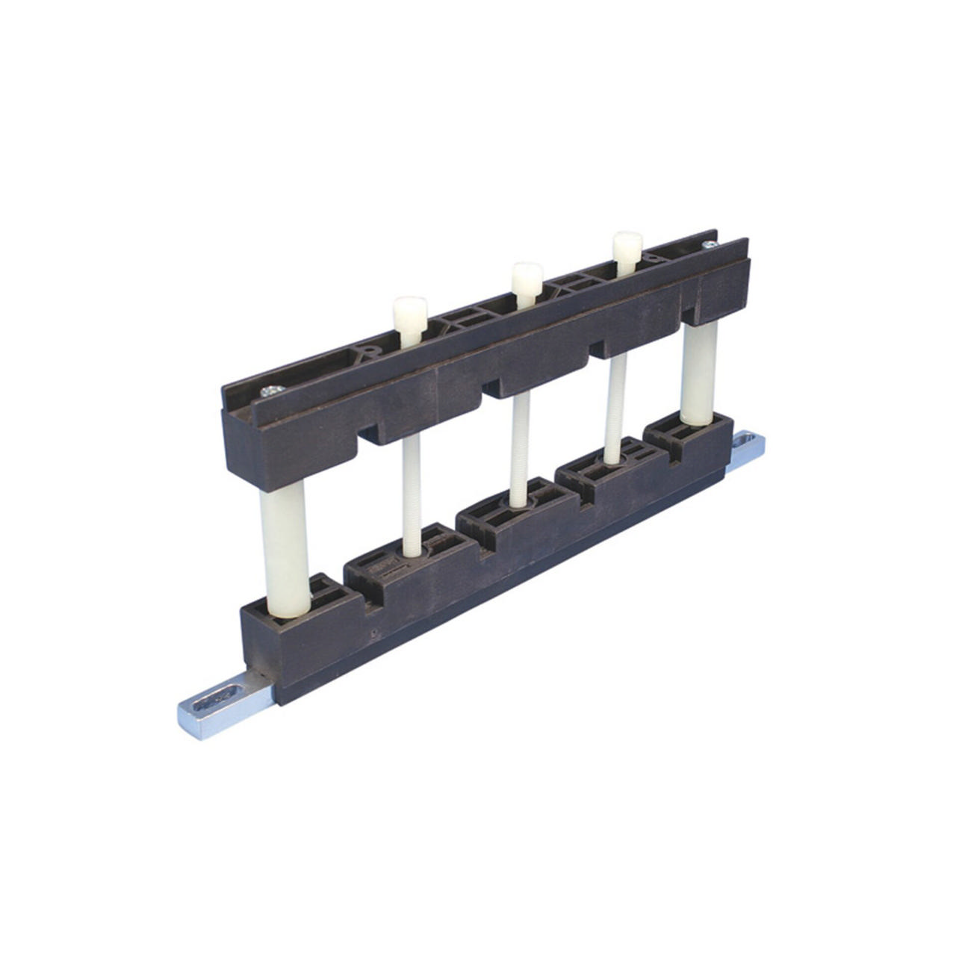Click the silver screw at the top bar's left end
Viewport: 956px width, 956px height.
pyautogui.click(x=270, y=391)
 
